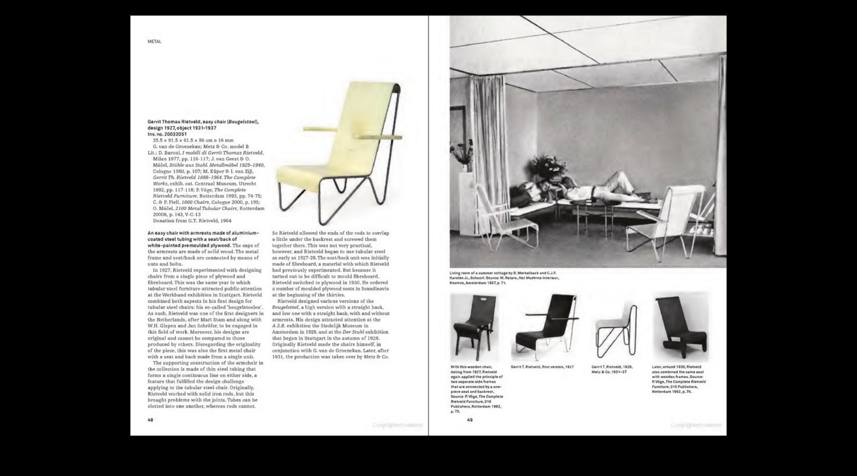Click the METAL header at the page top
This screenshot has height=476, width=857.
154,42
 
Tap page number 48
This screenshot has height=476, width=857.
151,419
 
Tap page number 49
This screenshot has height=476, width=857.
470,420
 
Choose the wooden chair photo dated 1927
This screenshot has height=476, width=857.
474,328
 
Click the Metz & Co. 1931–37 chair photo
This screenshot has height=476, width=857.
617,330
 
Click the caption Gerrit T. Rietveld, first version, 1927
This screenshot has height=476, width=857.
542,367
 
